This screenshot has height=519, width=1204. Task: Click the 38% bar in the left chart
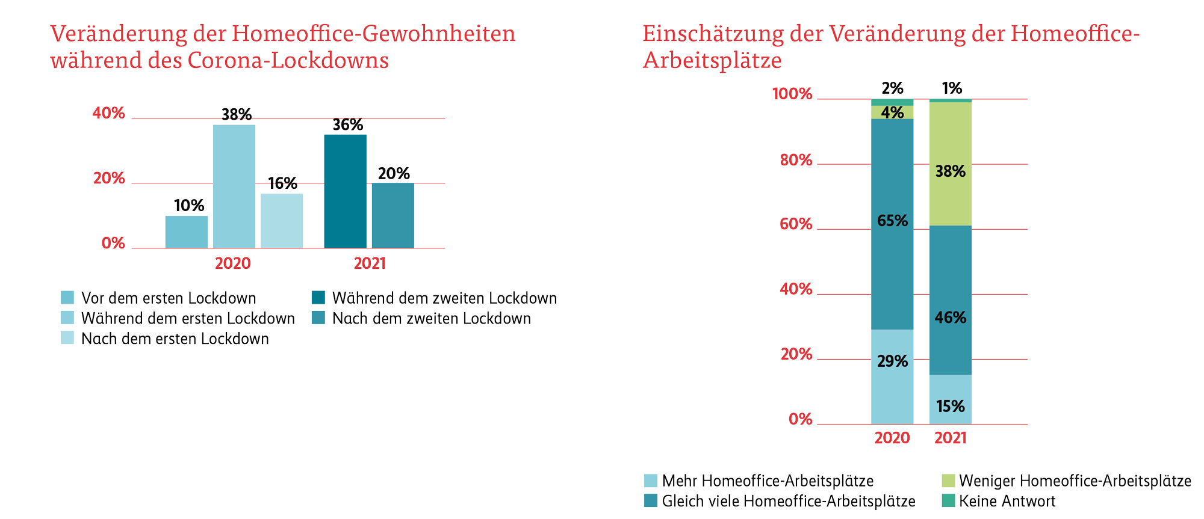point(234,186)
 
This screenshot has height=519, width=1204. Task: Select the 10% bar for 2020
point(187,232)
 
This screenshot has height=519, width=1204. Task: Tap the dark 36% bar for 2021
point(345,191)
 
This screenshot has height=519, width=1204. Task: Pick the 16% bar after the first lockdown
point(282,221)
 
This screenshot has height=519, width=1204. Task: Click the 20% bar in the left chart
point(393,215)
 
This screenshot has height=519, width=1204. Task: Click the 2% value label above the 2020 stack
point(892,89)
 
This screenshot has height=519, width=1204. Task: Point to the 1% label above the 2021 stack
point(952,89)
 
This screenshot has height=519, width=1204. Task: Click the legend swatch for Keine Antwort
point(948,500)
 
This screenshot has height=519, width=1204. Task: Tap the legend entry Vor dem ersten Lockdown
point(169,298)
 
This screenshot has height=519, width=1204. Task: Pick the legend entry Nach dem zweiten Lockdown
point(431,319)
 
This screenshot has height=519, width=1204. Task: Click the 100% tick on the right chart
point(792,94)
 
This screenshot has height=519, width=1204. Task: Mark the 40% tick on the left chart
point(108,114)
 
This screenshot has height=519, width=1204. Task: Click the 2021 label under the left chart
point(370,263)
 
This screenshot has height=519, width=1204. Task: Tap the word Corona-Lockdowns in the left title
point(288,61)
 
